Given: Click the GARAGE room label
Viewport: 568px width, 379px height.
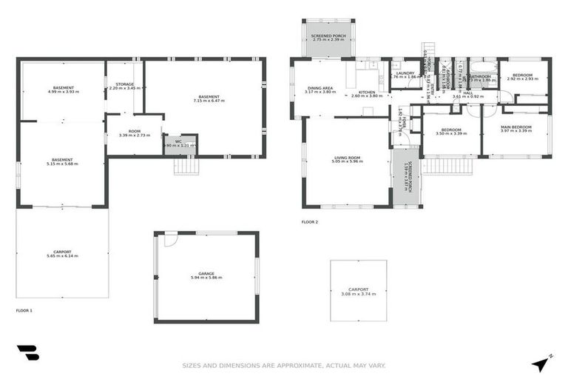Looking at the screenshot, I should coord(206,273).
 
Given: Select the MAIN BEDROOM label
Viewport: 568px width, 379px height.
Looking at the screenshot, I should coord(515,127).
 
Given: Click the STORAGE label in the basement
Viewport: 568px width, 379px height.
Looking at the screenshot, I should coord(124,84).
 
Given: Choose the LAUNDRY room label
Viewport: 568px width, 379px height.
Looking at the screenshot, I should coord(405,73).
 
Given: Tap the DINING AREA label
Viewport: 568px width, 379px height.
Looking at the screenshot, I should coord(320,88).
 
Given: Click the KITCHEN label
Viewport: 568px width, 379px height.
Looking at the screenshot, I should coord(368,92).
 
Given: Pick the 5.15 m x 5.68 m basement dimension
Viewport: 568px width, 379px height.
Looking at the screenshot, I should coord(62,164).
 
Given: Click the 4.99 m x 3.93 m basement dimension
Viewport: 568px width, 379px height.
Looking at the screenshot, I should coord(63,92).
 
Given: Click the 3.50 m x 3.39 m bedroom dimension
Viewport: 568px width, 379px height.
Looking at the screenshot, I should coord(450,133).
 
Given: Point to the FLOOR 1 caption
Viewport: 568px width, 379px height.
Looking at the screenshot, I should coord(24,310).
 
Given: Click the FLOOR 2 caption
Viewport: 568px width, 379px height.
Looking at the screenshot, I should coord(309,221).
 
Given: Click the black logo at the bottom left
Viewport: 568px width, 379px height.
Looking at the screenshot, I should coord(27,353).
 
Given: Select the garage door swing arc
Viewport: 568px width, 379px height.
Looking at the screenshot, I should coord(171,239).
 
